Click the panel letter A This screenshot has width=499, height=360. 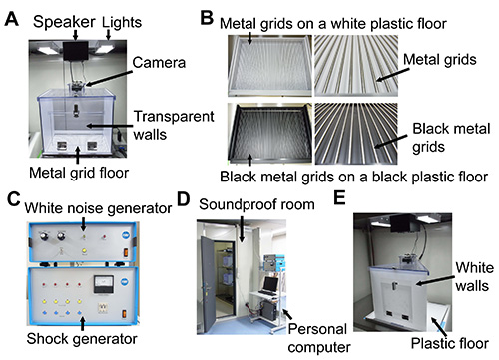tap(12, 19)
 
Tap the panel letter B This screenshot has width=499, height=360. tap(207, 18)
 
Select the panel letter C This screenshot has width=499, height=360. tap(13, 199)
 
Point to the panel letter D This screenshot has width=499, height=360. tap(184, 199)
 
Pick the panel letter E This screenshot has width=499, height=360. tap(339, 198)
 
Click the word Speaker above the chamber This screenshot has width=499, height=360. tap(64, 22)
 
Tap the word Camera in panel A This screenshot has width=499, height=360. tap(159, 63)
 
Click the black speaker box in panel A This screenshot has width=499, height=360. tap(76, 51)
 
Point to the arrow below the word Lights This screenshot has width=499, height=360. tap(108, 35)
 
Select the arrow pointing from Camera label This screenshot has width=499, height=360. tap(108, 78)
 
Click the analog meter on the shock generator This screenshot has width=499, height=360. tap(104, 284)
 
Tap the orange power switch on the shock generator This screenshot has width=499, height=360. tap(125, 313)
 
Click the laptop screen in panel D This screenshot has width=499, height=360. tap(270, 283)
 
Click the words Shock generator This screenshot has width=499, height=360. tap(82, 339)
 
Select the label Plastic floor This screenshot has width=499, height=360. tap(450, 343)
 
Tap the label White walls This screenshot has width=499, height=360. tap(474, 276)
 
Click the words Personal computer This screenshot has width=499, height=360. tap(318, 338)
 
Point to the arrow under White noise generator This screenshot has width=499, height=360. tap(83, 224)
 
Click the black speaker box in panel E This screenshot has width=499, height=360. tap(402, 223)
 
